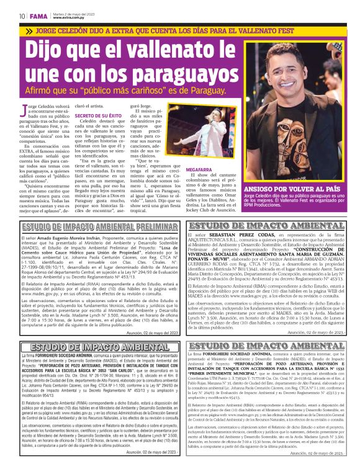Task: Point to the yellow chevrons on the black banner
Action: pos(29,30)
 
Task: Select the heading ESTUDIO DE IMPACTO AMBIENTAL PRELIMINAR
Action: pos(91,228)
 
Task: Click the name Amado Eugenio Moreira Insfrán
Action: pos(66,238)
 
